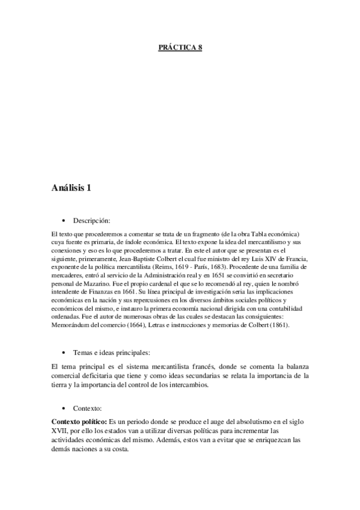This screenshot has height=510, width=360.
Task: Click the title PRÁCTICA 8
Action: click(x=180, y=48)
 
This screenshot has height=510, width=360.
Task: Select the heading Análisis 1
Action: click(x=72, y=188)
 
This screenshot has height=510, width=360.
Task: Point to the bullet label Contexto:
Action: click(x=88, y=408)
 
